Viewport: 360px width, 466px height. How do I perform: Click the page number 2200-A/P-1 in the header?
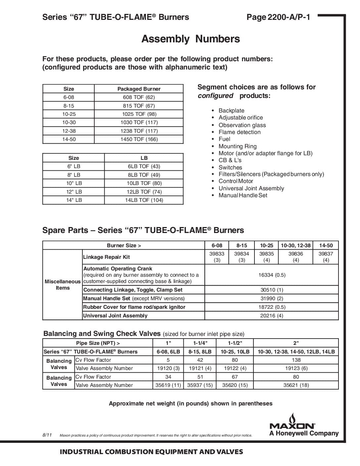point(278,17)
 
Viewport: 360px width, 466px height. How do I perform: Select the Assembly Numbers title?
point(191,39)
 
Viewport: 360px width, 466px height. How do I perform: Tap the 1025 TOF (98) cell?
point(139,114)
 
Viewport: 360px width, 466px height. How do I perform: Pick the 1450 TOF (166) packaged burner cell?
point(139,139)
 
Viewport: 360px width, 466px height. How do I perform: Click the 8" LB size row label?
point(73,175)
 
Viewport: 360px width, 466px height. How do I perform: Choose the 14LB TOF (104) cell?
point(144,200)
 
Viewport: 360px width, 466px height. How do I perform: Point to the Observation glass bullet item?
point(242,125)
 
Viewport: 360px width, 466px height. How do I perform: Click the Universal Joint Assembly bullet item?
point(251,188)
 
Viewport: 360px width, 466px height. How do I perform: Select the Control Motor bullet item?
point(236,181)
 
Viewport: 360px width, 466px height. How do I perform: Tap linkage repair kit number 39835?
point(266,254)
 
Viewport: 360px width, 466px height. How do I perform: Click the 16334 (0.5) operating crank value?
point(272,275)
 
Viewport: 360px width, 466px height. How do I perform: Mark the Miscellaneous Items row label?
point(63,285)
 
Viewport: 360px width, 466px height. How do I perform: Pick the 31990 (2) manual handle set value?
point(272,299)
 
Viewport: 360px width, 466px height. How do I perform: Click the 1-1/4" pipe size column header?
point(200,343)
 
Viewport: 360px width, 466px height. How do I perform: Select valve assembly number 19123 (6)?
point(296,368)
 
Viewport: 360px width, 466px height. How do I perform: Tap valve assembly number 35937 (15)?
point(200,385)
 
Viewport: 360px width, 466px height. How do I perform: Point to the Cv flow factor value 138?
point(296,360)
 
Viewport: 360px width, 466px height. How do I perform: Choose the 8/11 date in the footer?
point(47,435)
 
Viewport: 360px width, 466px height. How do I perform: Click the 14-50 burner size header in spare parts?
point(326,246)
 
